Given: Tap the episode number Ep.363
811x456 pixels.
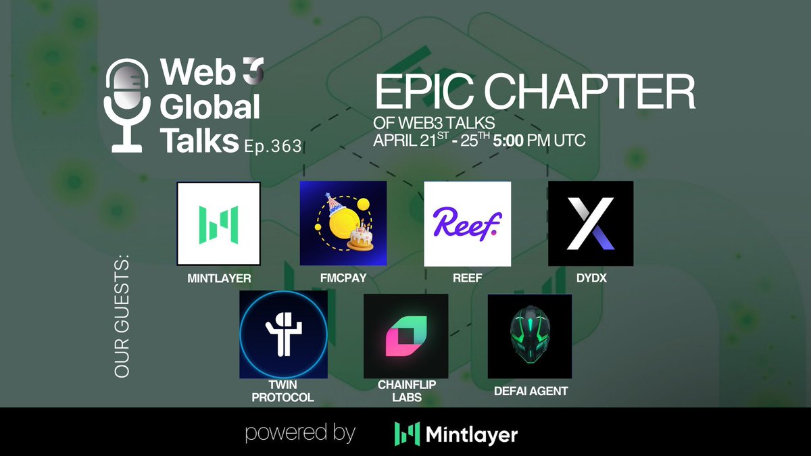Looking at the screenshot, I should (273, 146).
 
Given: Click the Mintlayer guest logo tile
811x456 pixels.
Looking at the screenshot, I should (218, 224).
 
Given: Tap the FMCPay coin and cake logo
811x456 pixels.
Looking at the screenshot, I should (343, 224).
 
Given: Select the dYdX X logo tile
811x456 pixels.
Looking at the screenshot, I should (591, 224).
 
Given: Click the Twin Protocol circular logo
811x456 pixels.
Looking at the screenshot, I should (283, 334).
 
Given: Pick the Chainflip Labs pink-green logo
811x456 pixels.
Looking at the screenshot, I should (405, 336).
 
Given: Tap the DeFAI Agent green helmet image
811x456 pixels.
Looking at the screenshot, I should (529, 336).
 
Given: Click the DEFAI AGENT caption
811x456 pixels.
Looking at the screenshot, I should (529, 390).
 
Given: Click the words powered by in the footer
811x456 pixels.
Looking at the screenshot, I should (300, 433).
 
